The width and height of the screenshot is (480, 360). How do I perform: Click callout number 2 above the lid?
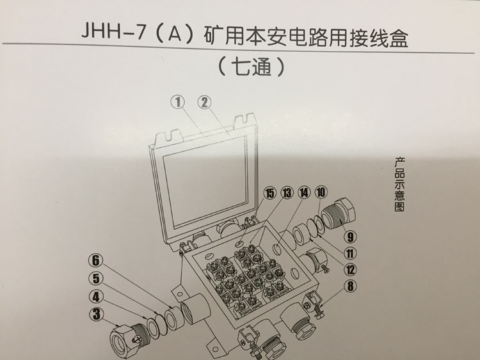[x=204, y=102]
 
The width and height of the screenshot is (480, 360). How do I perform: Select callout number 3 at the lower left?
[x=96, y=313]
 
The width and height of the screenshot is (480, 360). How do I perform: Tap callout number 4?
[x=96, y=296]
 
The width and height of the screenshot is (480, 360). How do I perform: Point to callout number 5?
[x=96, y=278]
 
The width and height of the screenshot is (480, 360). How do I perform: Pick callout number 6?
[x=96, y=260]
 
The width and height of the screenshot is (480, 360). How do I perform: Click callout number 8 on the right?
[x=349, y=286]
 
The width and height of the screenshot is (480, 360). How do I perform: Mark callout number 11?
[x=349, y=251]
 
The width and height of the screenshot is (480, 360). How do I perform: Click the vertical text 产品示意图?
[x=402, y=185]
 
